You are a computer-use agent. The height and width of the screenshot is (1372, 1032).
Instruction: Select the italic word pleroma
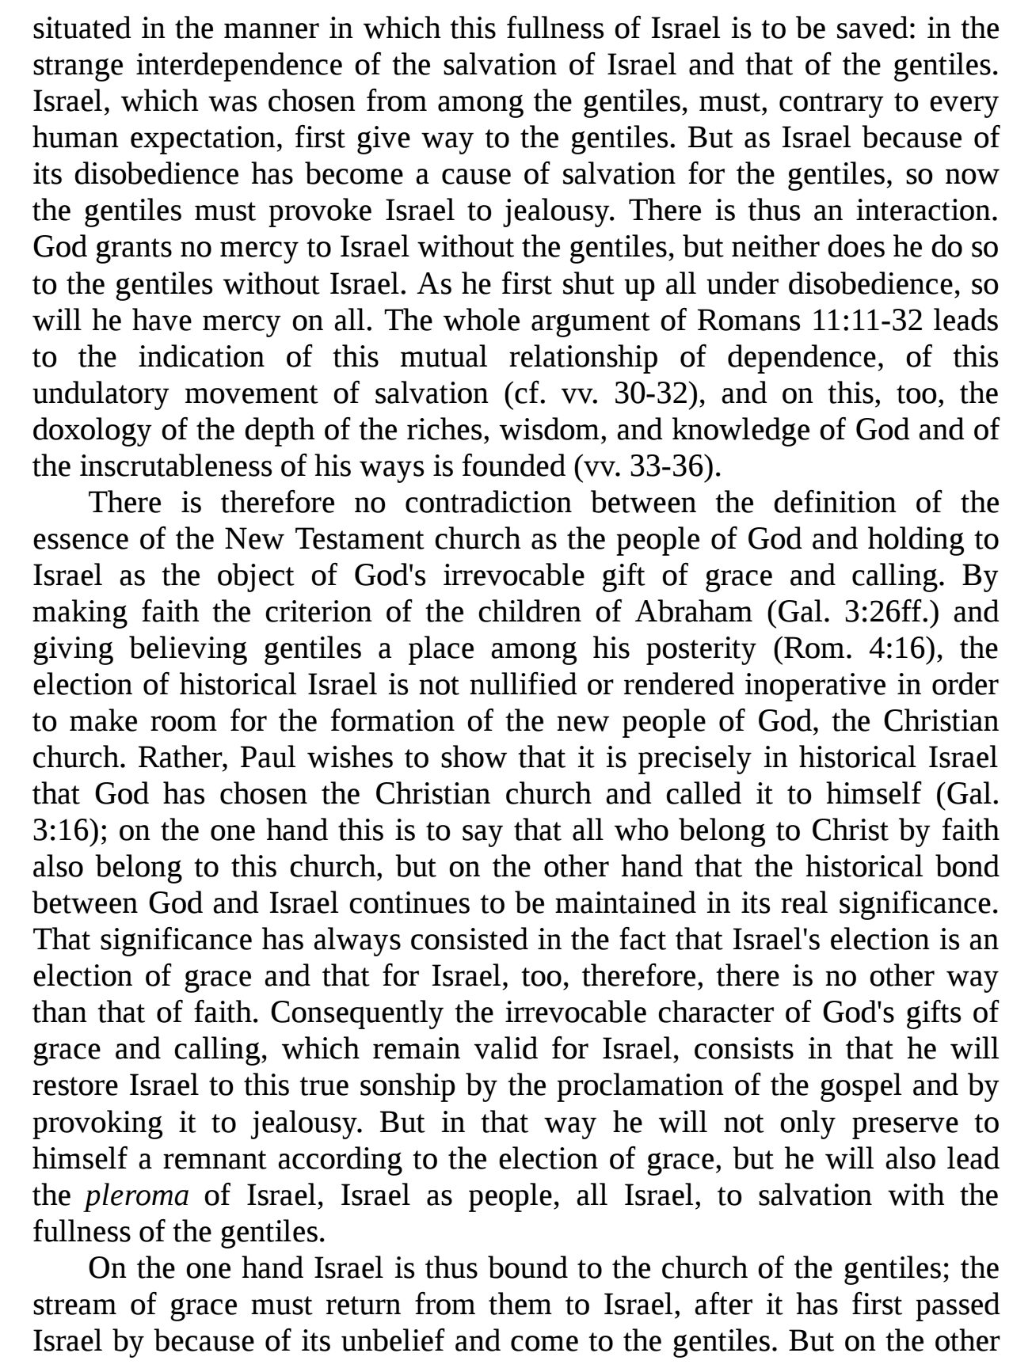136,1195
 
